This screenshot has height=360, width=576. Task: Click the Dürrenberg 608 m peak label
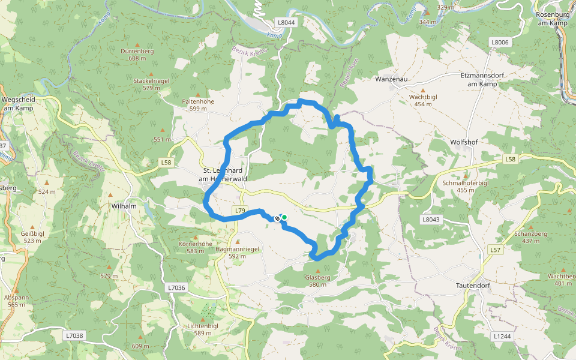(x=137, y=55)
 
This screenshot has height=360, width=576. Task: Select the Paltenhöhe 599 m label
(x=197, y=105)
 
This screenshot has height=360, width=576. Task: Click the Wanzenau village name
(x=391, y=79)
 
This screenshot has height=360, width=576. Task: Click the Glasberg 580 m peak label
(x=317, y=281)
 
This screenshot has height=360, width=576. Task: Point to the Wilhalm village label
(x=124, y=206)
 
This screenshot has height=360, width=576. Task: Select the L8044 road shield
(x=287, y=22)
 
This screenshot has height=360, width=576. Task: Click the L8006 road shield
(x=499, y=42)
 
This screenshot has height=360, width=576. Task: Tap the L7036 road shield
(x=176, y=288)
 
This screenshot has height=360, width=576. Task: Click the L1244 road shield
(x=502, y=337)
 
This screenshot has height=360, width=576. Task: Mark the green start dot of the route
(x=284, y=218)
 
